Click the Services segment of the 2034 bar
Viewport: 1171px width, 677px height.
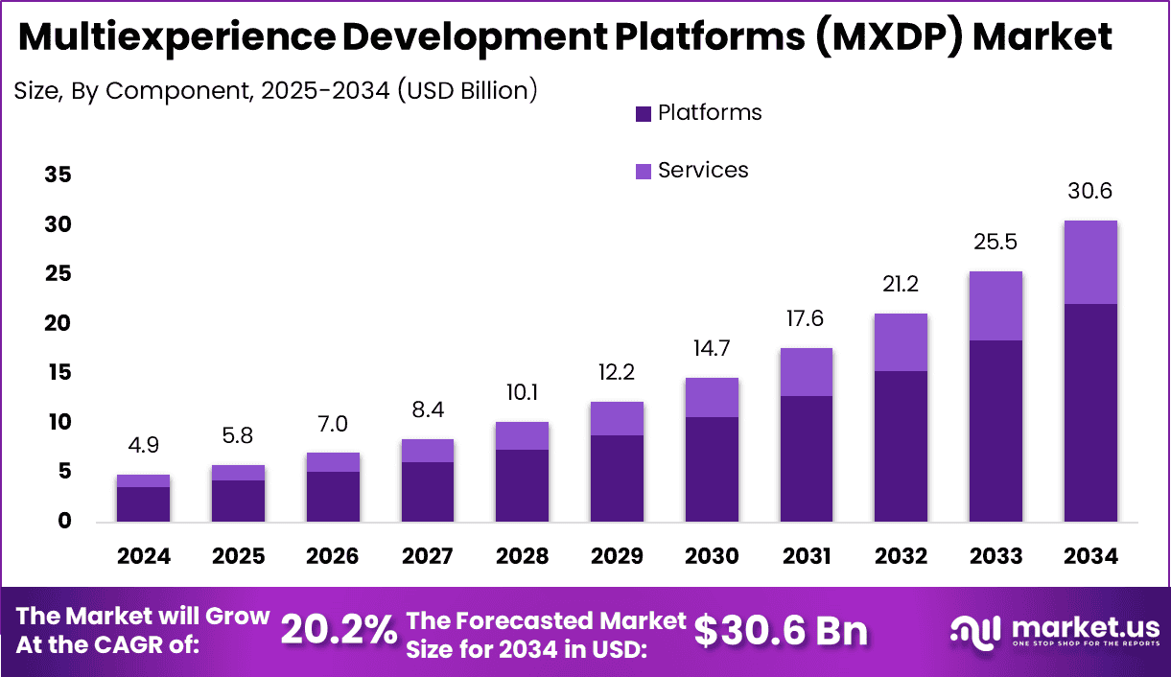tap(1090, 262)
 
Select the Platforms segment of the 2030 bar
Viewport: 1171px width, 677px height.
tap(712, 469)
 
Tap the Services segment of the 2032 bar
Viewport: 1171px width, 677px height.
tap(901, 342)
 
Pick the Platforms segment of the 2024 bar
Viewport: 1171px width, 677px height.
tap(144, 504)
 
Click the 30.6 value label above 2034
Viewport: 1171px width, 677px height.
tap(1090, 191)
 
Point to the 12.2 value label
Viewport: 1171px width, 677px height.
tap(617, 372)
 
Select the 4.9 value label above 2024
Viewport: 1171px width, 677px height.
tap(144, 445)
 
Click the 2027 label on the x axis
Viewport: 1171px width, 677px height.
tap(428, 556)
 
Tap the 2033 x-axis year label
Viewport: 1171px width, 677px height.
tap(995, 556)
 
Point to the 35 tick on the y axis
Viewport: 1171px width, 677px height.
tap(58, 175)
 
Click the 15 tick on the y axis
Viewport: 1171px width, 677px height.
tap(58, 372)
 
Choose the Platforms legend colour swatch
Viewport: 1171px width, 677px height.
tap(644, 114)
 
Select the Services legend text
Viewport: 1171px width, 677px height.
tap(703, 170)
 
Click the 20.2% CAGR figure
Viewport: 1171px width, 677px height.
tap(339, 630)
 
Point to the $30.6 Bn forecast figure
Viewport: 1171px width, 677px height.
tap(781, 630)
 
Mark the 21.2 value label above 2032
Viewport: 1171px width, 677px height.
tap(901, 284)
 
